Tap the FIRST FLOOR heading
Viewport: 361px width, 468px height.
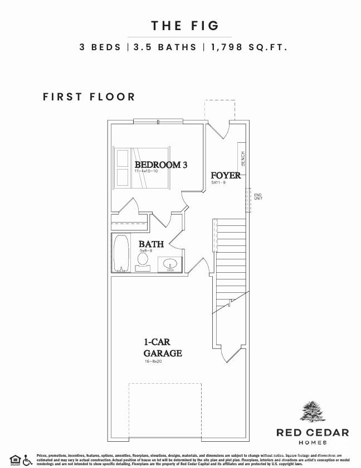[89, 97]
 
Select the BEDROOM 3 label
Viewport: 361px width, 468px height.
[161, 165]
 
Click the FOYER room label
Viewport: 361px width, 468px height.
[226, 176]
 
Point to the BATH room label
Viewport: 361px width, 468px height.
[151, 244]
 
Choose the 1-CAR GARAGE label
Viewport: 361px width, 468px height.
[163, 348]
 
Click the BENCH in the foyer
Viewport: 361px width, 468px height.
[243, 159]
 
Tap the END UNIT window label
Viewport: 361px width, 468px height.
[258, 196]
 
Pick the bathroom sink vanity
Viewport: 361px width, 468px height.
[169, 264]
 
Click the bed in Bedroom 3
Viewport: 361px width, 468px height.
[142, 167]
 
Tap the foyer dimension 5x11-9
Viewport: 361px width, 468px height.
[218, 182]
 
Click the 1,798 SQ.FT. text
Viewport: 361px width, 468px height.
[248, 47]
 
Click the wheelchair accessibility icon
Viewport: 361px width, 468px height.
[27, 460]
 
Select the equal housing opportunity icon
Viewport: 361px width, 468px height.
[14, 460]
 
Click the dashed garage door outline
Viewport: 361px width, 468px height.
[164, 410]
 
